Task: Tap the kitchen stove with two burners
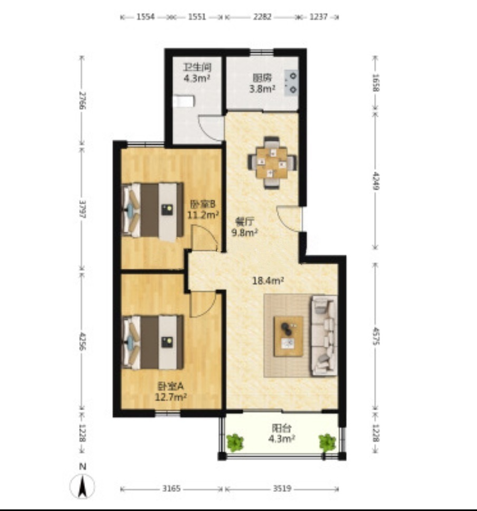291,83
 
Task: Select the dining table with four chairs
272,163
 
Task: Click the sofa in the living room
324,336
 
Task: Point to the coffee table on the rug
289,336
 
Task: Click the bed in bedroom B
152,210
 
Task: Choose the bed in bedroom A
152,342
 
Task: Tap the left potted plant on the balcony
235,442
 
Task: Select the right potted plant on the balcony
327,442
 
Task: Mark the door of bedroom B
204,239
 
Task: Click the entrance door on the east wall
289,219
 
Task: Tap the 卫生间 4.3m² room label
197,73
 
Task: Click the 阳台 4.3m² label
282,433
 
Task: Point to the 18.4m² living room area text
268,280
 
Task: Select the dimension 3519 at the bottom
282,489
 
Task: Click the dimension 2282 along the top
262,16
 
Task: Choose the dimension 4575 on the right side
375,336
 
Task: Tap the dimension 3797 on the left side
83,209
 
